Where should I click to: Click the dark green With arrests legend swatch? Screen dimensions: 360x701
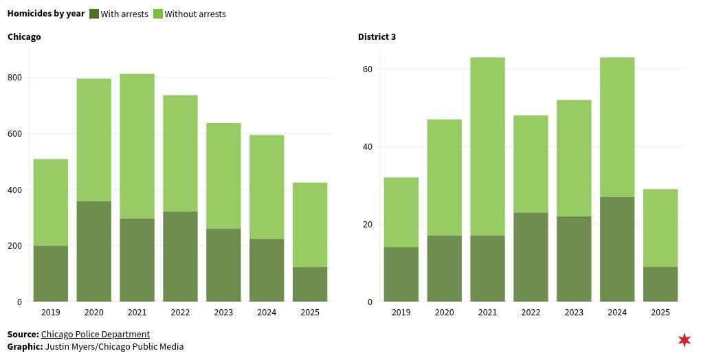[x=94, y=14]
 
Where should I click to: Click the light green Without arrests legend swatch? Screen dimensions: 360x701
[x=158, y=14]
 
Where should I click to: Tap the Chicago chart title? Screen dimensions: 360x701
[x=24, y=36]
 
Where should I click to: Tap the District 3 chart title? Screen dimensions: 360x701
[x=377, y=36]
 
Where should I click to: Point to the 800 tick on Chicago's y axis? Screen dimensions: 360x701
[x=14, y=78]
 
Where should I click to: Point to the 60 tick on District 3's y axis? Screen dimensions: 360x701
[x=368, y=69]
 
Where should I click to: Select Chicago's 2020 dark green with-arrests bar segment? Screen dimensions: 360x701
[x=93, y=251]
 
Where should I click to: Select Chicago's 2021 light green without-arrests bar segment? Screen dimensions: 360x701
[x=137, y=146]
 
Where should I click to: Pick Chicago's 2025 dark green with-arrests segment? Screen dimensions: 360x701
[x=310, y=284]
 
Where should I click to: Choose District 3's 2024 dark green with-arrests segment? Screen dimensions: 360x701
[x=617, y=249]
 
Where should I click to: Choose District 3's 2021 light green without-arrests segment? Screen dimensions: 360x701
[x=487, y=146]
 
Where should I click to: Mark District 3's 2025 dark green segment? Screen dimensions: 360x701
[x=660, y=284]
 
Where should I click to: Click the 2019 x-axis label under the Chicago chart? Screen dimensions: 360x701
[x=50, y=313]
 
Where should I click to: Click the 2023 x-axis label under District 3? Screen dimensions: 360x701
[x=574, y=313]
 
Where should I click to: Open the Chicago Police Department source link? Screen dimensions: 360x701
[x=96, y=335]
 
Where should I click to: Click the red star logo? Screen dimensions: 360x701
[x=685, y=340]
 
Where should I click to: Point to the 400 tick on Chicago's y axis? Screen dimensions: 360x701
[x=14, y=190]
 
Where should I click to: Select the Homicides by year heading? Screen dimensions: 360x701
[x=46, y=14]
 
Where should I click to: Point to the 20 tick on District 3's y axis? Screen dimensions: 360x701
[x=368, y=225]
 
